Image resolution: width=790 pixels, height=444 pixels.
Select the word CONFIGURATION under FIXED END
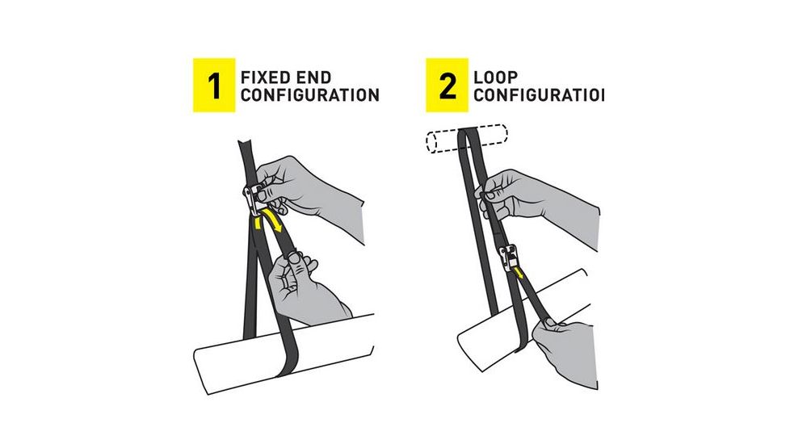coord(309,96)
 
